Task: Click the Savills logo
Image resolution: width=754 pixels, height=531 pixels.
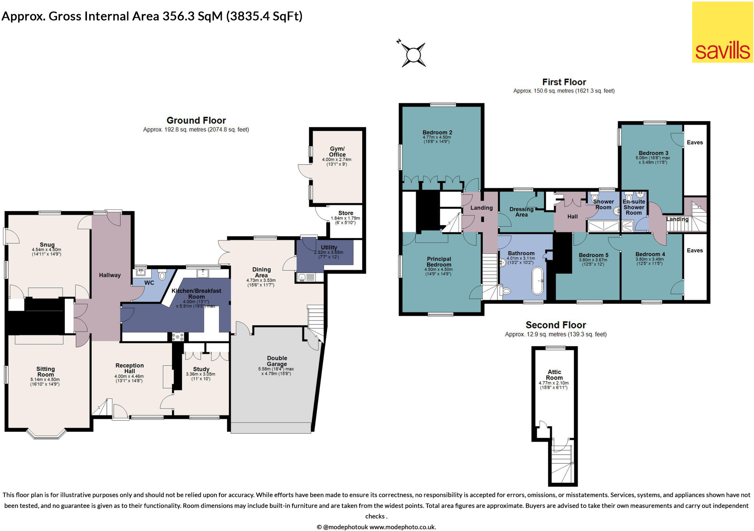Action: point(722,32)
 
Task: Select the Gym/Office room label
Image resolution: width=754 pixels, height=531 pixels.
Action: point(337,152)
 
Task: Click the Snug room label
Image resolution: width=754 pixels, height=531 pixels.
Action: point(47,245)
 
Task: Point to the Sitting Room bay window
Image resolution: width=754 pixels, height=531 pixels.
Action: point(47,434)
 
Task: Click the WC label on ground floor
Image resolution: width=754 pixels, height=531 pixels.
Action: point(149,283)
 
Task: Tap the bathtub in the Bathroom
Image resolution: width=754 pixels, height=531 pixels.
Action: point(538,281)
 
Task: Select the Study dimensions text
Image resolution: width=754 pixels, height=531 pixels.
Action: point(200,377)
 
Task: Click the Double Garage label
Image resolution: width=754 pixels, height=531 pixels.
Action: point(277,361)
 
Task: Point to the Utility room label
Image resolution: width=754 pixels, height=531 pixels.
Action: point(329,247)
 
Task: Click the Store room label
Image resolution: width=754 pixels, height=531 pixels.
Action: point(346,213)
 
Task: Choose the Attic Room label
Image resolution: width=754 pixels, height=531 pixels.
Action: point(554,375)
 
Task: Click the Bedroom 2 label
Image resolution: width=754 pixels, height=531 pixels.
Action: point(437,132)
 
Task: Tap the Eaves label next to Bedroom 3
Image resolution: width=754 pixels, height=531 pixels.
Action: point(695,142)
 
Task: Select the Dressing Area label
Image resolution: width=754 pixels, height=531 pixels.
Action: point(521,212)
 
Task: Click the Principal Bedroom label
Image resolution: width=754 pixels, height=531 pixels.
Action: point(439,261)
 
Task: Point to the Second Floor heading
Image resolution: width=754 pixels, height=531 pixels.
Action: point(556,325)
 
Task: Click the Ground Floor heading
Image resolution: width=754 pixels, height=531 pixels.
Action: point(196,120)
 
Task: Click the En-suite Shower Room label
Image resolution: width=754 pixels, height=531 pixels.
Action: point(634,207)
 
